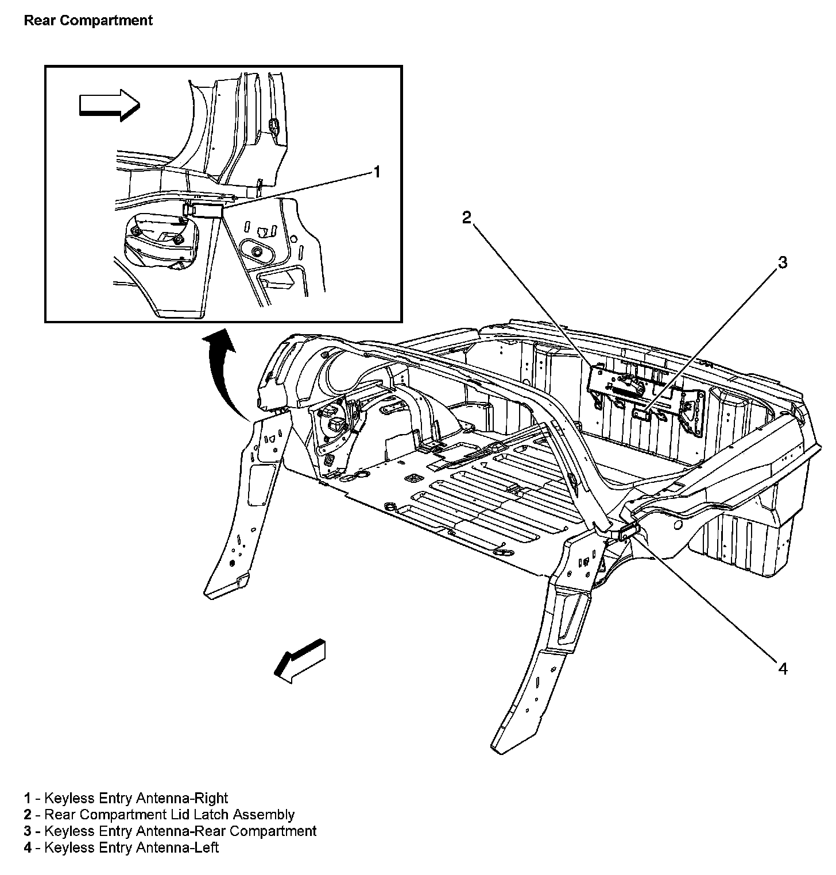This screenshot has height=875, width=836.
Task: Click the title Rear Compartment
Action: point(88,21)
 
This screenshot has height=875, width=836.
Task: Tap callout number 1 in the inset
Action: point(377,172)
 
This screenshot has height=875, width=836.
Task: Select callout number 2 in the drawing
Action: point(467,217)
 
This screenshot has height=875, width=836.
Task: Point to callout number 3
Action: point(782,263)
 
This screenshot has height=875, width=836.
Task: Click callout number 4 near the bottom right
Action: point(783,668)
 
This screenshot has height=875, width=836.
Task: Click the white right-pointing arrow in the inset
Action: point(109,104)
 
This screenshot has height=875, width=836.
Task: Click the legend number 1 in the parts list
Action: point(28,798)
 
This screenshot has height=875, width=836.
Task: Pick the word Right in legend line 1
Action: point(211,798)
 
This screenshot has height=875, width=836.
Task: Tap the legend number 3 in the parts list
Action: point(28,831)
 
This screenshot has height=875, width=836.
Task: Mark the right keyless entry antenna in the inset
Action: point(203,210)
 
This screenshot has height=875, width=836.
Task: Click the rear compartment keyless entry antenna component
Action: point(642,413)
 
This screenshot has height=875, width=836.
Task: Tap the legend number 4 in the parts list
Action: point(28,847)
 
